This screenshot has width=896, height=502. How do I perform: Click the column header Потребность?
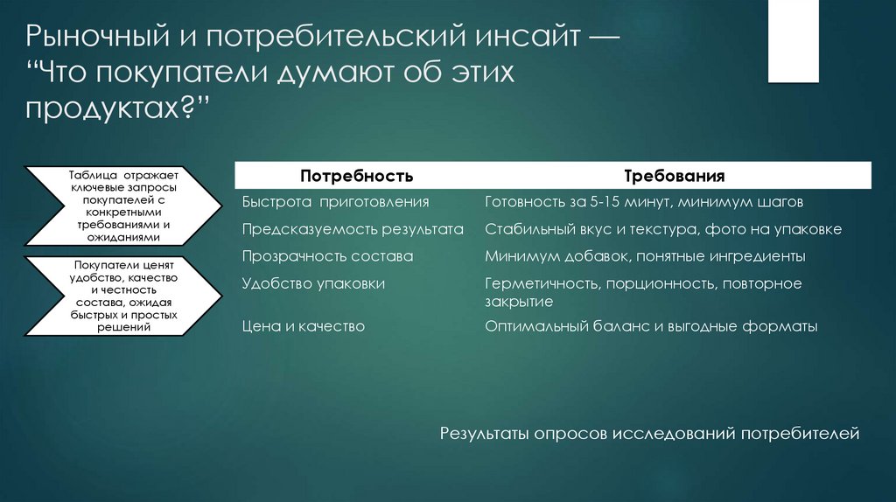pos(356,176)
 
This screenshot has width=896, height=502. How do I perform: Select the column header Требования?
pos(673,176)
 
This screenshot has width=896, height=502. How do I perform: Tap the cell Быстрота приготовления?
pos(335,202)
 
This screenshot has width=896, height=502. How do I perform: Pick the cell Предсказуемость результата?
pos(352,230)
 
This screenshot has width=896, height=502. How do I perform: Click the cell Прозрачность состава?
pos(327,257)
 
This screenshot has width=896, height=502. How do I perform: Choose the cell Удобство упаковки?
pos(313,284)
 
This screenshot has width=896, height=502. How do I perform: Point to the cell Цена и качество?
pos(303,326)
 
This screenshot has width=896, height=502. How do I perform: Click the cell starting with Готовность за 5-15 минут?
pos(643,202)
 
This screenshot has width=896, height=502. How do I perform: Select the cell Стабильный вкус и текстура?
pos(662,230)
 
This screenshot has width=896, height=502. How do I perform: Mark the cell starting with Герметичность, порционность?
pos(642,292)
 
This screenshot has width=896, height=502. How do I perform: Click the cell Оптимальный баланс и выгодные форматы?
pos(650,326)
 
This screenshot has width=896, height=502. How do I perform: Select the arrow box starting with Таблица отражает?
pos(122,206)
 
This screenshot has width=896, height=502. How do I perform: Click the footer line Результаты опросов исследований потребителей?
pos(650,434)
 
